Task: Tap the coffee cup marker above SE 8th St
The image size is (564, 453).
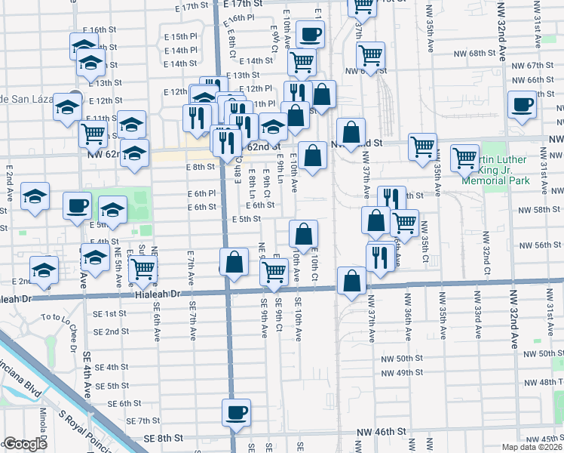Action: click(235, 413)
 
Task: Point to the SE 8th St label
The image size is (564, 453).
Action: click(165, 438)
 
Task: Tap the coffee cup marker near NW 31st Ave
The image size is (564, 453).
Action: click(521, 105)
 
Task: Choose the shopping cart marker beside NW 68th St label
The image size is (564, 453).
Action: click(370, 54)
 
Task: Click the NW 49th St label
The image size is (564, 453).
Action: click(400, 372)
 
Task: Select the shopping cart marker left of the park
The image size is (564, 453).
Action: click(464, 159)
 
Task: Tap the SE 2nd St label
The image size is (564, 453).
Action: click(112, 331)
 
